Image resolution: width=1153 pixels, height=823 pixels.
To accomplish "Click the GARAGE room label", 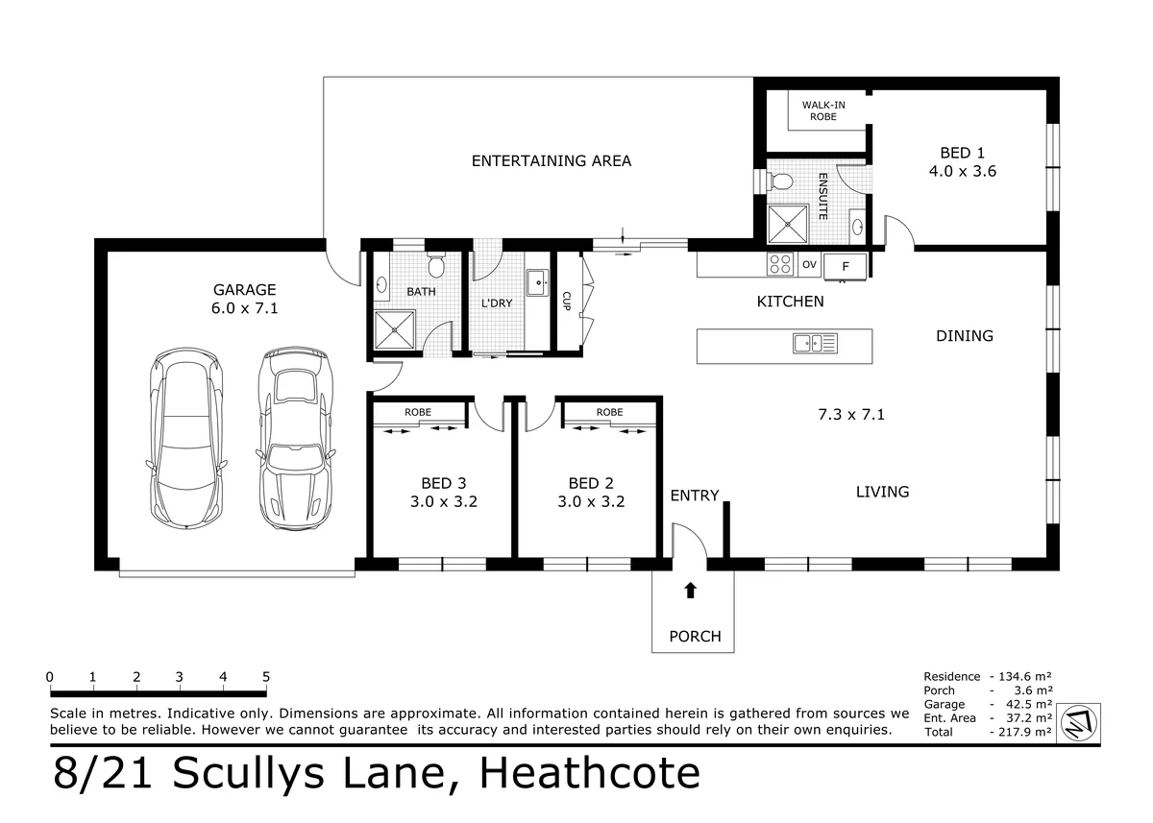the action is [244, 290].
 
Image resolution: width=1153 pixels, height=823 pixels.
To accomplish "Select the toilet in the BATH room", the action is [436, 263].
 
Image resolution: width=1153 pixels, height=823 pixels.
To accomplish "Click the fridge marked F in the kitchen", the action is [846, 266].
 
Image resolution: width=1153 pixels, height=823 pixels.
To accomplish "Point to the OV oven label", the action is [809, 264].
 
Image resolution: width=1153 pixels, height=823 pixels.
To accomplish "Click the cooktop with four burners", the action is [779, 264].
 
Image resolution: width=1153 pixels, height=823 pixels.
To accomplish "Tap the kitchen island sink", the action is [816, 343].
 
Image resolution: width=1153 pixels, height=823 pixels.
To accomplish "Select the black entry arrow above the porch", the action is [690, 590].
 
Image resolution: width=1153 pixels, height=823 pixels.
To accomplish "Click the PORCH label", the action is [695, 637].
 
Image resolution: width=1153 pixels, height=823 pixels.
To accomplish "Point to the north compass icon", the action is [1079, 723].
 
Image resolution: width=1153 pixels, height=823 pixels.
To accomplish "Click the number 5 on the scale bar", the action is [265, 676].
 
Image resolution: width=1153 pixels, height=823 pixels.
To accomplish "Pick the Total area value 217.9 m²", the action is [1025, 732].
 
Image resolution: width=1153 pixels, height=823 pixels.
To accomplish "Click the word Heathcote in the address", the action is [590, 773].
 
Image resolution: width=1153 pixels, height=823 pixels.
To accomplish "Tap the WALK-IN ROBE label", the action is [823, 110].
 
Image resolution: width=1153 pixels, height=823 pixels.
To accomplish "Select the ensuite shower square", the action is [788, 225].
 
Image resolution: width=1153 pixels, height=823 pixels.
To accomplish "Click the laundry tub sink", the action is [538, 282].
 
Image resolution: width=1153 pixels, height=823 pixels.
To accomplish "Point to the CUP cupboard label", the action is [566, 301].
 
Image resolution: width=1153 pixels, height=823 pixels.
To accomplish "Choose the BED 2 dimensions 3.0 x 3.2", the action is [591, 501].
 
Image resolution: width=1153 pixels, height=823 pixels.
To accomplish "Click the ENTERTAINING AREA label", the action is [552, 161].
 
